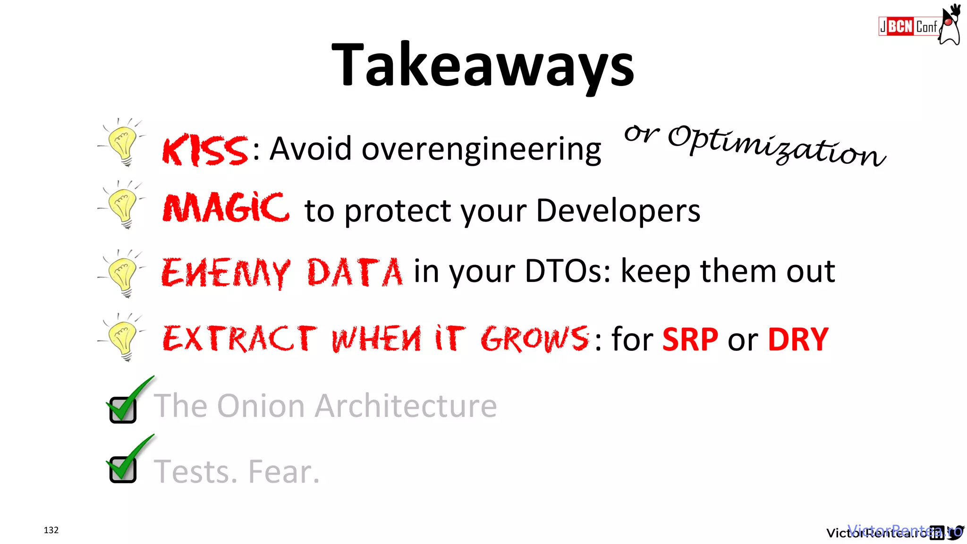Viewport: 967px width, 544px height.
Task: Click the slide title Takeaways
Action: (483, 66)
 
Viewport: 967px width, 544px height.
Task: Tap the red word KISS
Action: (204, 150)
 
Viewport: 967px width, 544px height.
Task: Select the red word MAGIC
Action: (226, 208)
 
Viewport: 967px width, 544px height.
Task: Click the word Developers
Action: (618, 211)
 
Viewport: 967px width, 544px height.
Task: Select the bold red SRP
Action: (690, 340)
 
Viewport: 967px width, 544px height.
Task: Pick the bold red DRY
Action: (798, 340)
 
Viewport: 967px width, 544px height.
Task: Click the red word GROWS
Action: (534, 339)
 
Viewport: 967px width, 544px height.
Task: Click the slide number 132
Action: (51, 530)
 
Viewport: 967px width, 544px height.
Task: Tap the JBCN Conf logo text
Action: (908, 26)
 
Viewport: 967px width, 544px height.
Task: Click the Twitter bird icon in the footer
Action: (956, 532)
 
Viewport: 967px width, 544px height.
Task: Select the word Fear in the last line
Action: (284, 472)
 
